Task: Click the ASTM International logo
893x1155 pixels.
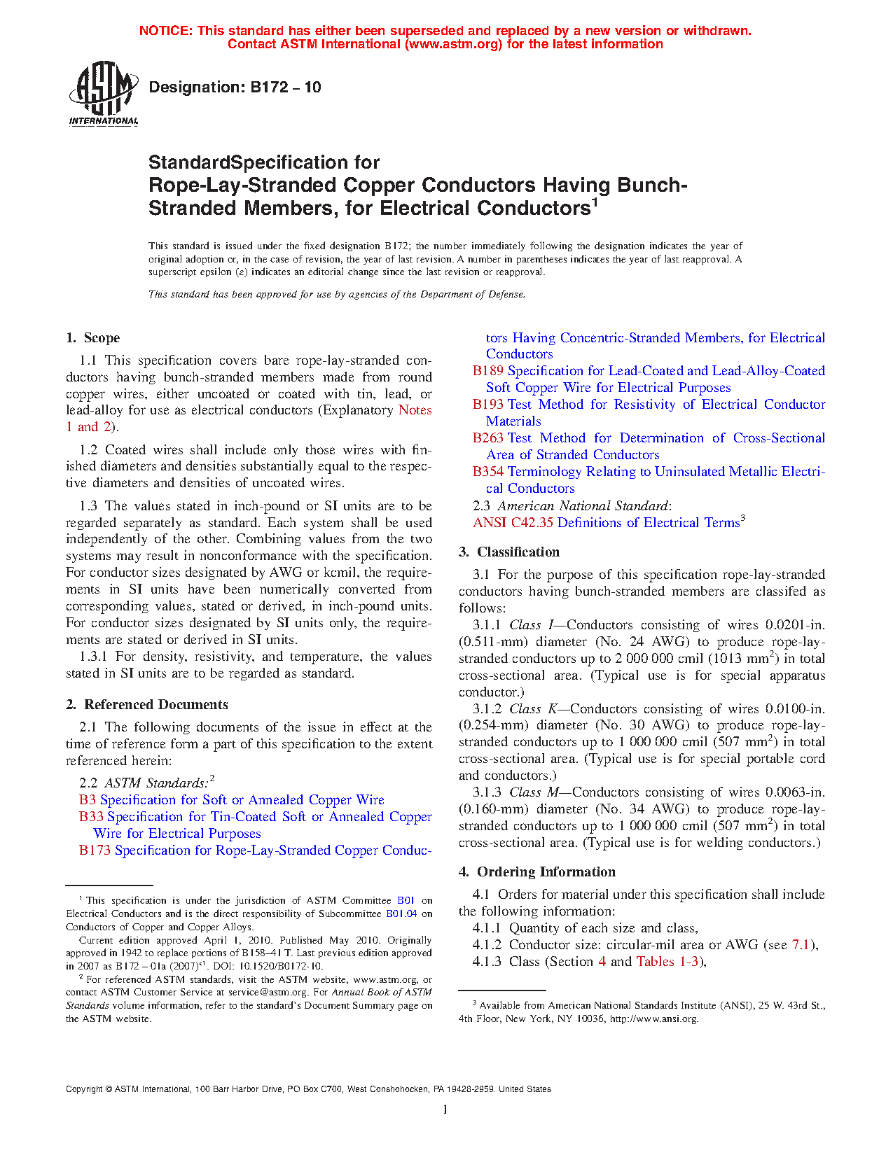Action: pos(104,93)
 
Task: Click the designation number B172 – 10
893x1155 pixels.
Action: pos(235,87)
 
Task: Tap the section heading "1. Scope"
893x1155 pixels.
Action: pos(93,338)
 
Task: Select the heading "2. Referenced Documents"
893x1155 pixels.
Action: pos(147,705)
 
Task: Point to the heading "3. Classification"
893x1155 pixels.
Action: pos(509,552)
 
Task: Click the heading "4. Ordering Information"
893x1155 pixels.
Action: pos(537,872)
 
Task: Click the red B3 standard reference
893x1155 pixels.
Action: pos(87,800)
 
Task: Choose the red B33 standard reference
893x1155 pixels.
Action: pos(91,817)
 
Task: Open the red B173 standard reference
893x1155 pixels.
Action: pos(95,850)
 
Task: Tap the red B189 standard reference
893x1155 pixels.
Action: pos(488,371)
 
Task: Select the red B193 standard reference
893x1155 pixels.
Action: pos(488,405)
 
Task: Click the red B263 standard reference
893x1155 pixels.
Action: pos(488,438)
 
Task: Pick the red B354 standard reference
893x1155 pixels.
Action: pos(488,472)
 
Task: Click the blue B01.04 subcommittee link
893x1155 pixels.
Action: pos(401,914)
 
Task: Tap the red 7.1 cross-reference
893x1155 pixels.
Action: pos(801,945)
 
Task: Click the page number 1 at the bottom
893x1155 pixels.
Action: pos(445,1109)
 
